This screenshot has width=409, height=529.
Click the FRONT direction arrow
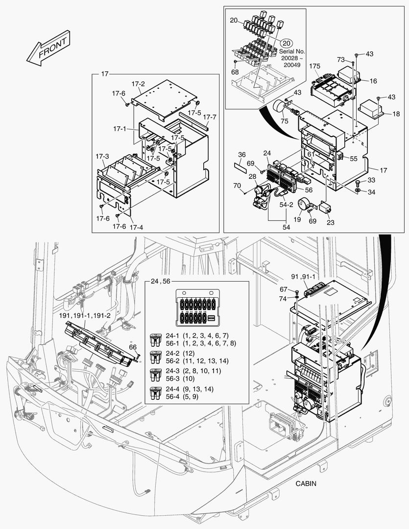pyautogui.click(x=48, y=49)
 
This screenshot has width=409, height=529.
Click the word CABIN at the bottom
pyautogui.click(x=306, y=483)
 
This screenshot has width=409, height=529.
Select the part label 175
pyautogui.click(x=315, y=66)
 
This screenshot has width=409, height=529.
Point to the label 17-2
pyautogui.click(x=138, y=84)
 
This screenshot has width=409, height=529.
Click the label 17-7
pyautogui.click(x=209, y=117)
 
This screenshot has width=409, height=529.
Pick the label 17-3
pyautogui.click(x=102, y=156)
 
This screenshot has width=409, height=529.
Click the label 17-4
pyautogui.click(x=136, y=227)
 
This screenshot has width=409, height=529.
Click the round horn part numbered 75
pyautogui.click(x=280, y=107)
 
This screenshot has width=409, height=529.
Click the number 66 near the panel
pyautogui.click(x=133, y=347)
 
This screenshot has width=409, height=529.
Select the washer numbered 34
pyautogui.click(x=358, y=190)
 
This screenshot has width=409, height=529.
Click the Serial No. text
pyautogui.click(x=292, y=51)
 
